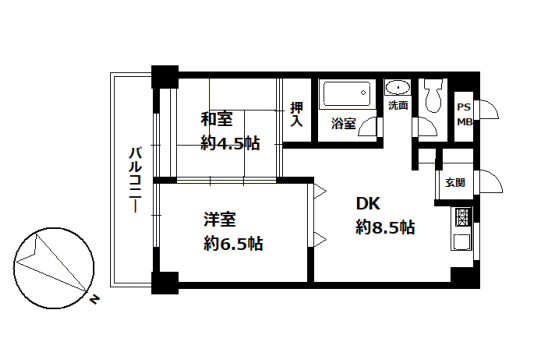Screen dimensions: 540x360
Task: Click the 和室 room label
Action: click(x=217, y=119)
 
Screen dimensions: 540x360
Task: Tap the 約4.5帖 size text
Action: click(x=230, y=143)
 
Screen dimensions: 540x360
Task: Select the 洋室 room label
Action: click(x=220, y=219)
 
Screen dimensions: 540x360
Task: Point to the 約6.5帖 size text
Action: click(x=233, y=244)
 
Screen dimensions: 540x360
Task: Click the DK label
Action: click(x=368, y=204)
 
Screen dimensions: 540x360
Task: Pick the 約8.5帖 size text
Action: click(x=385, y=227)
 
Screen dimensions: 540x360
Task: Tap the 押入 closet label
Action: click(x=297, y=114)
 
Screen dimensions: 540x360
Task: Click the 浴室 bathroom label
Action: click(x=343, y=124)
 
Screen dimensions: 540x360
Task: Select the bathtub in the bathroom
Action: click(x=347, y=93)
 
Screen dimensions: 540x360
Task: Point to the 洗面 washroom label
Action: click(x=398, y=105)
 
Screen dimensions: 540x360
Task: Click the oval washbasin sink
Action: click(x=397, y=88)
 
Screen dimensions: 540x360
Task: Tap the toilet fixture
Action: click(x=433, y=95)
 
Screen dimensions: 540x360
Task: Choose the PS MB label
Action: click(x=464, y=114)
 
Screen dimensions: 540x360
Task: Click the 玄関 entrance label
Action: click(x=455, y=182)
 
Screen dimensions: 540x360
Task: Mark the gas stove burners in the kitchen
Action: click(x=461, y=217)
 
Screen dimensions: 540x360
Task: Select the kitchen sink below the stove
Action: click(x=461, y=241)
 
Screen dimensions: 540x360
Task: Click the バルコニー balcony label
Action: click(x=136, y=180)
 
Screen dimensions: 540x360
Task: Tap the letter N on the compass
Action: click(x=94, y=299)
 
